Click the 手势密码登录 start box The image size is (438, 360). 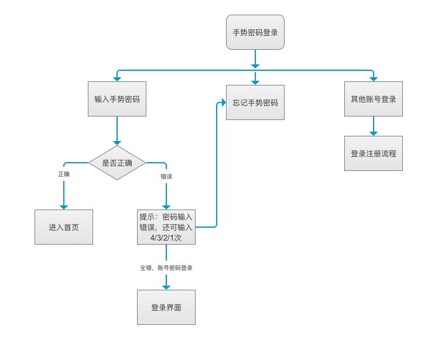(x=255, y=33)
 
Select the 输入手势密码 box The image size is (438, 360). (x=117, y=99)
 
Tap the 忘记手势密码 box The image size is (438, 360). (x=255, y=102)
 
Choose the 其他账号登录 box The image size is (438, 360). (x=373, y=99)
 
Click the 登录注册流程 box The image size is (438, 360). (x=373, y=153)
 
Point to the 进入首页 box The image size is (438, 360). (x=63, y=227)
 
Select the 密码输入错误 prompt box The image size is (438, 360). (x=166, y=227)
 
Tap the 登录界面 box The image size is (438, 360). (x=166, y=307)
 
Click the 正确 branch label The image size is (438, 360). (x=63, y=175)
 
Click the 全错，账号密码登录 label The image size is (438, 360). (x=166, y=268)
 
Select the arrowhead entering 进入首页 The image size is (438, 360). (x=63, y=205)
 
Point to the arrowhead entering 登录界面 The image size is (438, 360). (x=166, y=286)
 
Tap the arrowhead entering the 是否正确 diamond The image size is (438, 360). (x=117, y=142)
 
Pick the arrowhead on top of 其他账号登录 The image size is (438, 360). (x=373, y=78)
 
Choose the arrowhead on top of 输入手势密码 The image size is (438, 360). (x=117, y=78)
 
